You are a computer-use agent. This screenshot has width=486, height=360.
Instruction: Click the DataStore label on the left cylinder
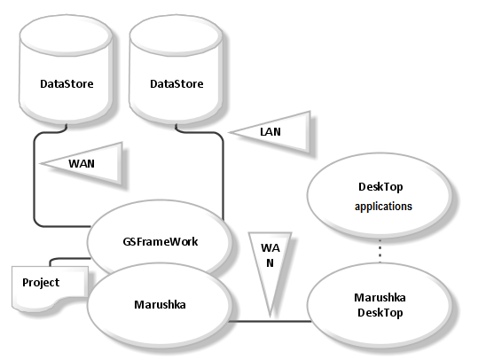(x=67, y=84)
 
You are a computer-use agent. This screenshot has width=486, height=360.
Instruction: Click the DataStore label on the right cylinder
(x=176, y=84)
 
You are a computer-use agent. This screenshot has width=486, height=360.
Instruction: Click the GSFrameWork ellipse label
(x=161, y=242)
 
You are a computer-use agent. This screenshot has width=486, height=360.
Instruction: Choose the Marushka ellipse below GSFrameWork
(x=160, y=304)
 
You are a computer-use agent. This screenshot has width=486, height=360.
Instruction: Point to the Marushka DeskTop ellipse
(x=380, y=305)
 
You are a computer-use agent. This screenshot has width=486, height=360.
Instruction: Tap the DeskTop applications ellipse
(x=380, y=195)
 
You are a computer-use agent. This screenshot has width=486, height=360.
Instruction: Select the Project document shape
(x=50, y=286)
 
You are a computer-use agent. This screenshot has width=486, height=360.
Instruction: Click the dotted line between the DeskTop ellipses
(x=380, y=250)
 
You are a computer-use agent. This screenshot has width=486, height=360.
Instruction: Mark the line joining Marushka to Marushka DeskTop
(x=270, y=321)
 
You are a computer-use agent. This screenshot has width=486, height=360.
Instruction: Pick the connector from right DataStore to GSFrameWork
(x=222, y=168)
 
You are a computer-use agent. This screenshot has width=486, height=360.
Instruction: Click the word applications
(x=383, y=207)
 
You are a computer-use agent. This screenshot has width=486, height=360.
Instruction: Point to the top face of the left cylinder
(x=66, y=35)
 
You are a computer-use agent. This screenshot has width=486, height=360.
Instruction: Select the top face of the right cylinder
(x=176, y=35)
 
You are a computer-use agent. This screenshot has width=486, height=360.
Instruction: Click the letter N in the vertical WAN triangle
(x=270, y=263)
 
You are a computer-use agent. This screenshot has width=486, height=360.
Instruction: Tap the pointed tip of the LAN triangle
(x=230, y=132)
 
